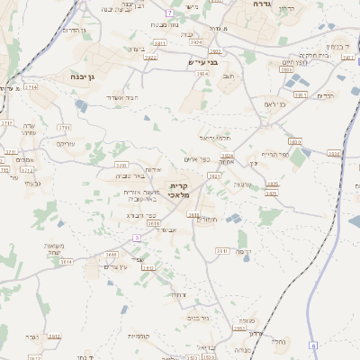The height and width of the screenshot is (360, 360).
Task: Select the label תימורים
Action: pos(208,219)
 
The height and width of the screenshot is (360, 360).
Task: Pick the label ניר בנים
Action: pos(198,318)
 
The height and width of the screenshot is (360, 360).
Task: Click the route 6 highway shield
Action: pos(313,345)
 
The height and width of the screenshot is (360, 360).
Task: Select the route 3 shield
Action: pos(136,238)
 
